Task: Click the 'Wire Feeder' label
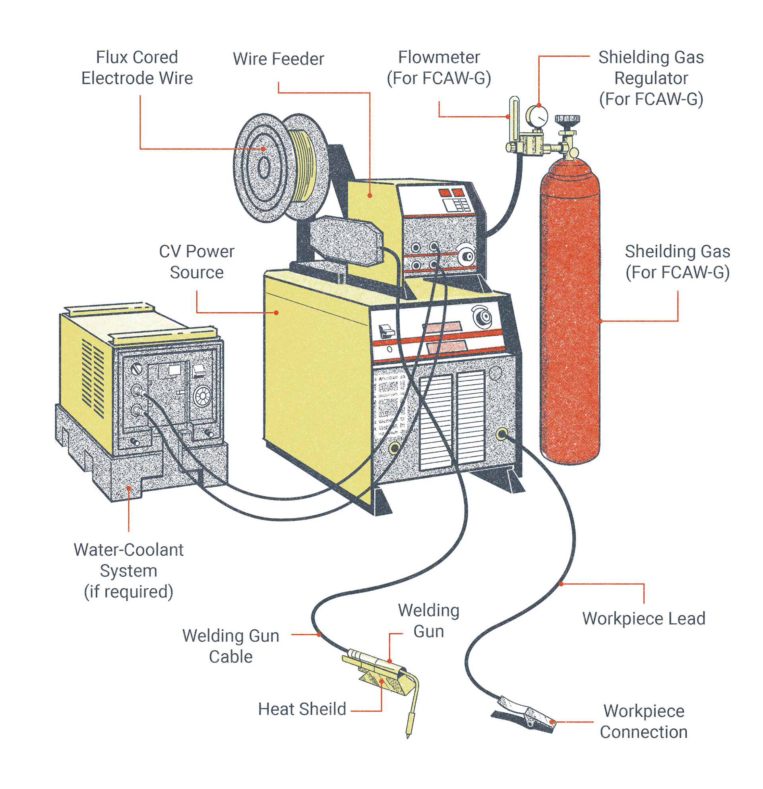pyautogui.click(x=278, y=59)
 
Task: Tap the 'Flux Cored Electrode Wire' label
pyautogui.click(x=137, y=68)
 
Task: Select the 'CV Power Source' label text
pyautogui.click(x=196, y=262)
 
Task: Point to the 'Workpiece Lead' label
pyautogui.click(x=643, y=619)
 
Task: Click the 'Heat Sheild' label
pyautogui.click(x=302, y=709)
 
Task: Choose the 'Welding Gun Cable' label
pyautogui.click(x=231, y=646)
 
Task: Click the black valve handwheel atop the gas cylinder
pyautogui.click(x=567, y=119)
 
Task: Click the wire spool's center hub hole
pyautogui.click(x=264, y=168)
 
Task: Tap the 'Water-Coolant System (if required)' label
pyautogui.click(x=128, y=570)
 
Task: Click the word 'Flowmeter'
pyautogui.click(x=439, y=58)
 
